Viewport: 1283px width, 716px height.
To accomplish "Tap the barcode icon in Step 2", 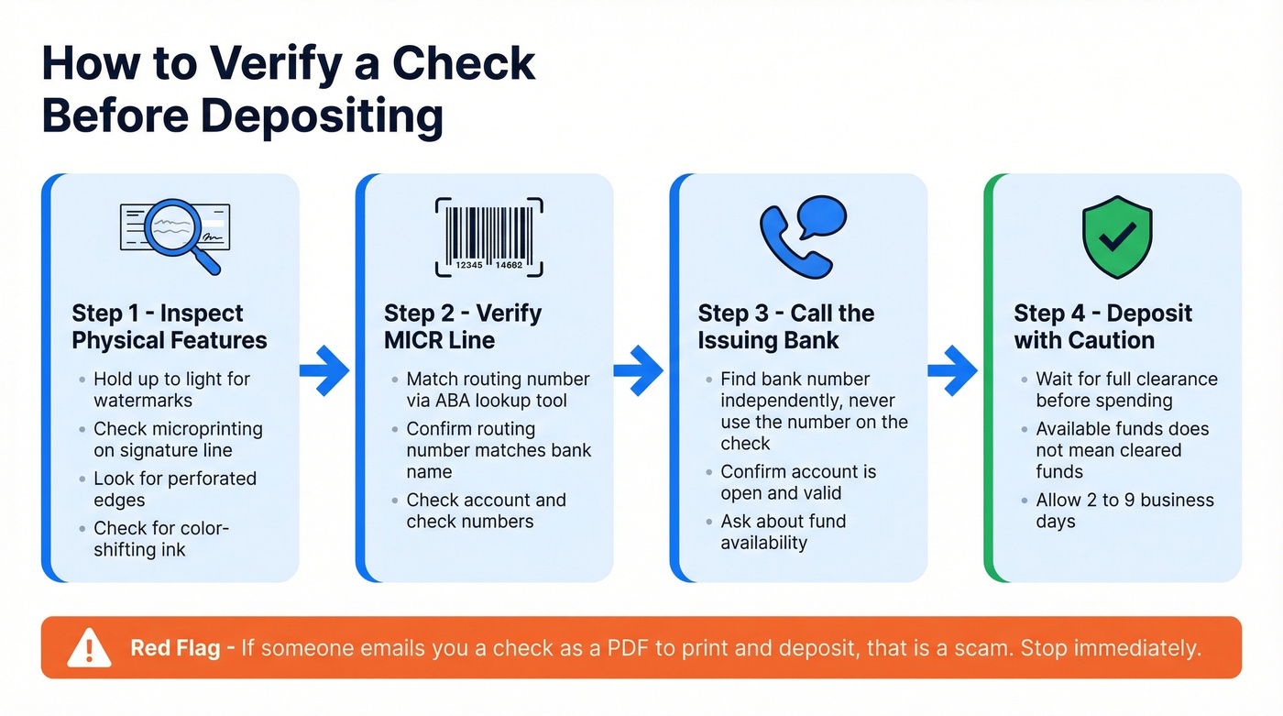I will coord(488,237).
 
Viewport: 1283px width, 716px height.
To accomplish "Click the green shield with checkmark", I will coord(1116,236).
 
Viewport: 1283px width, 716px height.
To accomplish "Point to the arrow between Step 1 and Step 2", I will coord(325,370).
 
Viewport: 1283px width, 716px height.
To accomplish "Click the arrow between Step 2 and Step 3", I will coord(639,370).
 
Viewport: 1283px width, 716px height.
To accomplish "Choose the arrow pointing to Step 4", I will coord(953,370).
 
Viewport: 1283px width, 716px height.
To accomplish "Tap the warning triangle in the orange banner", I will coord(89,648).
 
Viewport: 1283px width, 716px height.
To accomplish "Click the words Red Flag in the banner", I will coord(175,648).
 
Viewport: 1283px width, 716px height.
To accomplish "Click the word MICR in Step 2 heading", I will coord(411,340).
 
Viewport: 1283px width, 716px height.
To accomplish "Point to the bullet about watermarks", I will coord(171,390).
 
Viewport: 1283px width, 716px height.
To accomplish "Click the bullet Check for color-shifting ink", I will coord(160,539).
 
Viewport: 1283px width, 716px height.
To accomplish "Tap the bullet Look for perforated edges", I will coord(174,489).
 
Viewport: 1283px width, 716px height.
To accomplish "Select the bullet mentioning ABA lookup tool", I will coord(498,390).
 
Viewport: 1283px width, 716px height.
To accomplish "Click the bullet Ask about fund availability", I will coord(783,532).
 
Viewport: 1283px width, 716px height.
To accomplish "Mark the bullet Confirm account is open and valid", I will coord(797,482).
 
